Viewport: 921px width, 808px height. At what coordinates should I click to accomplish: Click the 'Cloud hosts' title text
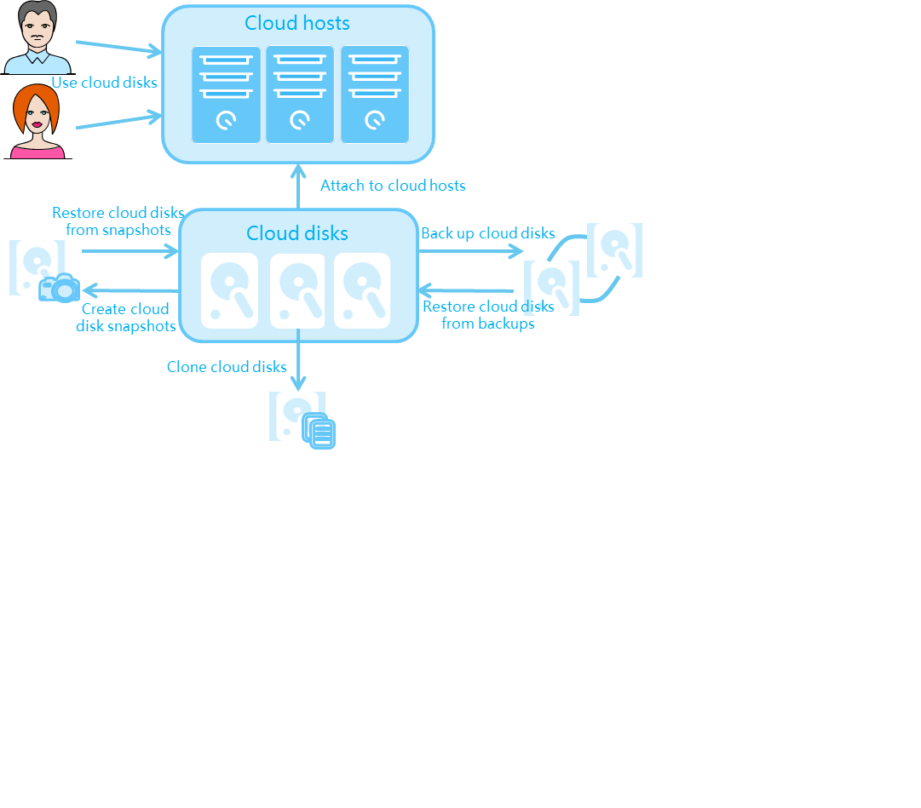tap(297, 23)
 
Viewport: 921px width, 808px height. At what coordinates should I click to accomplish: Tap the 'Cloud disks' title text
tap(297, 233)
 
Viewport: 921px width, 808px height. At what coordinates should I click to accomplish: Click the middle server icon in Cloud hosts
tap(300, 95)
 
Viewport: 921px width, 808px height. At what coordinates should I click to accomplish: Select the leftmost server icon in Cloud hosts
tap(226, 95)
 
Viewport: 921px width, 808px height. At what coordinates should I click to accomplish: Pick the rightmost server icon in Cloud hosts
tap(375, 95)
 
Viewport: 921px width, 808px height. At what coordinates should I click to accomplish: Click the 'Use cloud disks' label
tap(105, 83)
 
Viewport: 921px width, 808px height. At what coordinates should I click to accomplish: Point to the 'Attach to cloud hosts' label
tap(393, 186)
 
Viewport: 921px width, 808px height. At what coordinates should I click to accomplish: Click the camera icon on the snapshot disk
tap(60, 289)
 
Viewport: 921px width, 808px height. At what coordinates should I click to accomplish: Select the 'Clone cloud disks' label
tap(227, 367)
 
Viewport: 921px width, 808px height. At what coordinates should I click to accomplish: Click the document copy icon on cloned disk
tap(319, 432)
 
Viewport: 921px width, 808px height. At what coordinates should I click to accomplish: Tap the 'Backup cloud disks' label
tap(488, 233)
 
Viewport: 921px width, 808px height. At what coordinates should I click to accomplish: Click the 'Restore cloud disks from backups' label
tap(488, 315)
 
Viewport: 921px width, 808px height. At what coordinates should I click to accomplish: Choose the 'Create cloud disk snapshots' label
tap(126, 318)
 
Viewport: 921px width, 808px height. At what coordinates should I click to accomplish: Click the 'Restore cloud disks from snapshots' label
tap(118, 221)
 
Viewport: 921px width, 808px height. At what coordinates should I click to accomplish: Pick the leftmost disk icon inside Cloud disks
tap(229, 290)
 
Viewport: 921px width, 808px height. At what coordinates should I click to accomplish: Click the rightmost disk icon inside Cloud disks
tap(362, 290)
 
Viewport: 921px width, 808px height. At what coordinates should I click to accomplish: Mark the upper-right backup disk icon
tap(614, 249)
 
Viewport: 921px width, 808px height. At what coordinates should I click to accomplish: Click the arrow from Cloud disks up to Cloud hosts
tap(298, 186)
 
